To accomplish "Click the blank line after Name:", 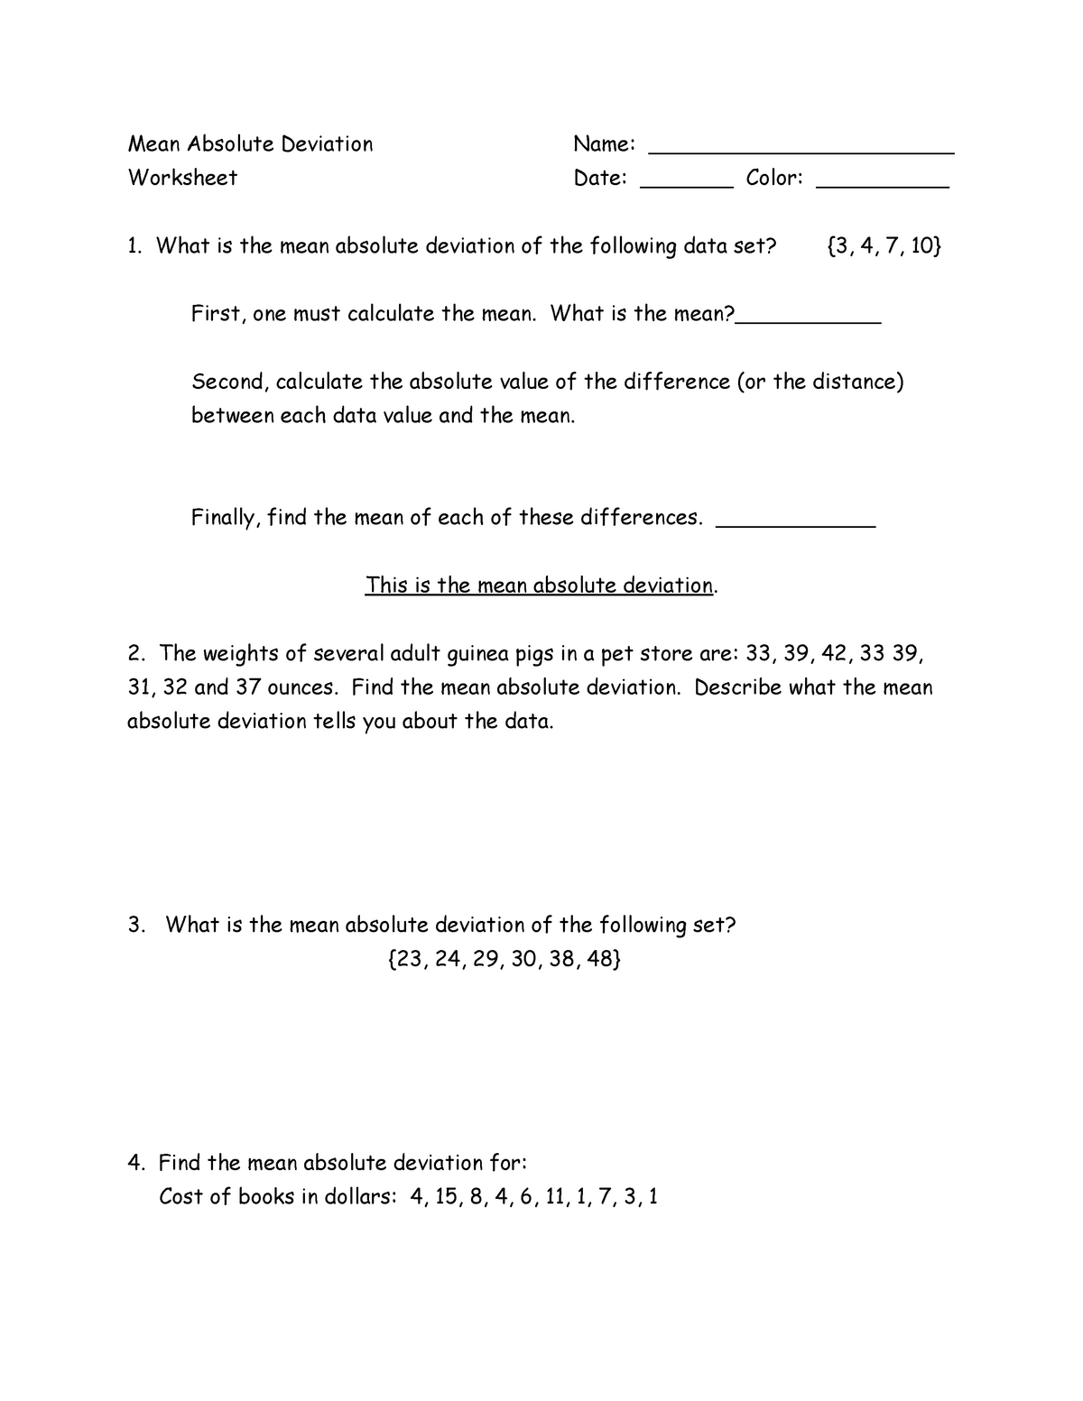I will (x=802, y=152).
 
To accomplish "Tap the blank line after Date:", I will (x=686, y=185).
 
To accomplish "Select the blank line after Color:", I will (x=882, y=185).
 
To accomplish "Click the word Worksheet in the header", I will (x=182, y=178).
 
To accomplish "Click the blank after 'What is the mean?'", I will (x=808, y=320).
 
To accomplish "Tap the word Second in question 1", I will (x=230, y=383).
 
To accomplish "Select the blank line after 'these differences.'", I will (x=795, y=524).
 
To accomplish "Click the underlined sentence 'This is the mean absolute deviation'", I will (x=540, y=585).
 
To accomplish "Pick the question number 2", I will (x=136, y=653).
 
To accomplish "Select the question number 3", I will (x=136, y=926).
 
